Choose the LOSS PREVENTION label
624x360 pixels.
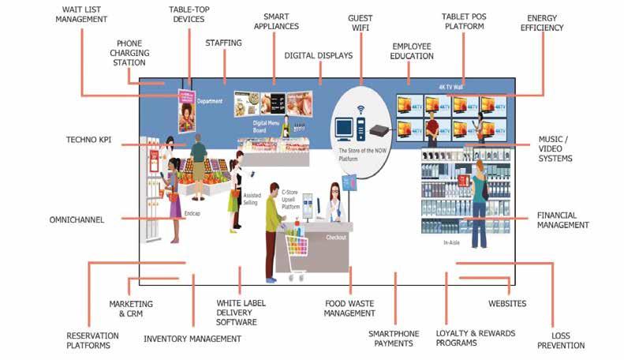click(x=566, y=339)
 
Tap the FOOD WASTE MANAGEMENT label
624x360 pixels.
click(x=349, y=308)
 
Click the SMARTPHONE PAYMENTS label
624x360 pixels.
click(x=394, y=338)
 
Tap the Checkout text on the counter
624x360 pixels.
click(x=336, y=236)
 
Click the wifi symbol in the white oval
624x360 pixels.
click(x=361, y=110)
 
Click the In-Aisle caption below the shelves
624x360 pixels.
click(x=451, y=242)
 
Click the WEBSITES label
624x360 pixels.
click(x=506, y=303)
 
